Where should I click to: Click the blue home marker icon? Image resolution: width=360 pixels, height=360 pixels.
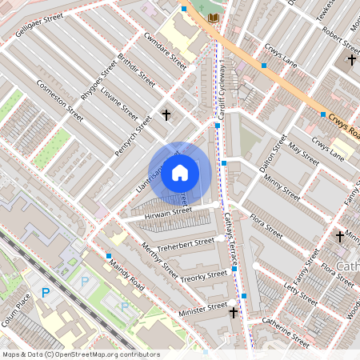click(180, 173)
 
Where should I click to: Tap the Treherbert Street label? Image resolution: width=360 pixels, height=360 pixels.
click(186, 242)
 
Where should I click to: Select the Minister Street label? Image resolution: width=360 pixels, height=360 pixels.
click(203, 306)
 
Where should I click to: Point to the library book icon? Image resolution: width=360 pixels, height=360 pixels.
click(212, 17)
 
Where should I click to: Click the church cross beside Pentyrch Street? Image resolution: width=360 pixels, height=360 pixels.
click(166, 115)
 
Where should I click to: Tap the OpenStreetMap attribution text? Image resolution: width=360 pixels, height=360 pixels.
click(80, 354)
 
